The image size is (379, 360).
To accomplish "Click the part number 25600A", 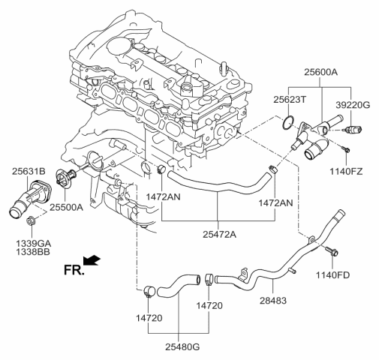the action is pos(321,72).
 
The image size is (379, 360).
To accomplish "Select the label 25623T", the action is pos(290,100).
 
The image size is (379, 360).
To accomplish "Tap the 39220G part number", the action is pos(353,105).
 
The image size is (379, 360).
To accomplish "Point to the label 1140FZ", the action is pos(346,172).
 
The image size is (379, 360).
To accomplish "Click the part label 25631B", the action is pos(29,171).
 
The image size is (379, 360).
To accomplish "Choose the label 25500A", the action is pos(66,207).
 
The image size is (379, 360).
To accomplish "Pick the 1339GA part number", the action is pos(34,243).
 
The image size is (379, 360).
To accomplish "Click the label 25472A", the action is pos(219,234).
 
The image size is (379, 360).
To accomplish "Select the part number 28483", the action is pos(273,300).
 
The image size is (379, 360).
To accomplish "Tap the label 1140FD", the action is pos(332,275).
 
